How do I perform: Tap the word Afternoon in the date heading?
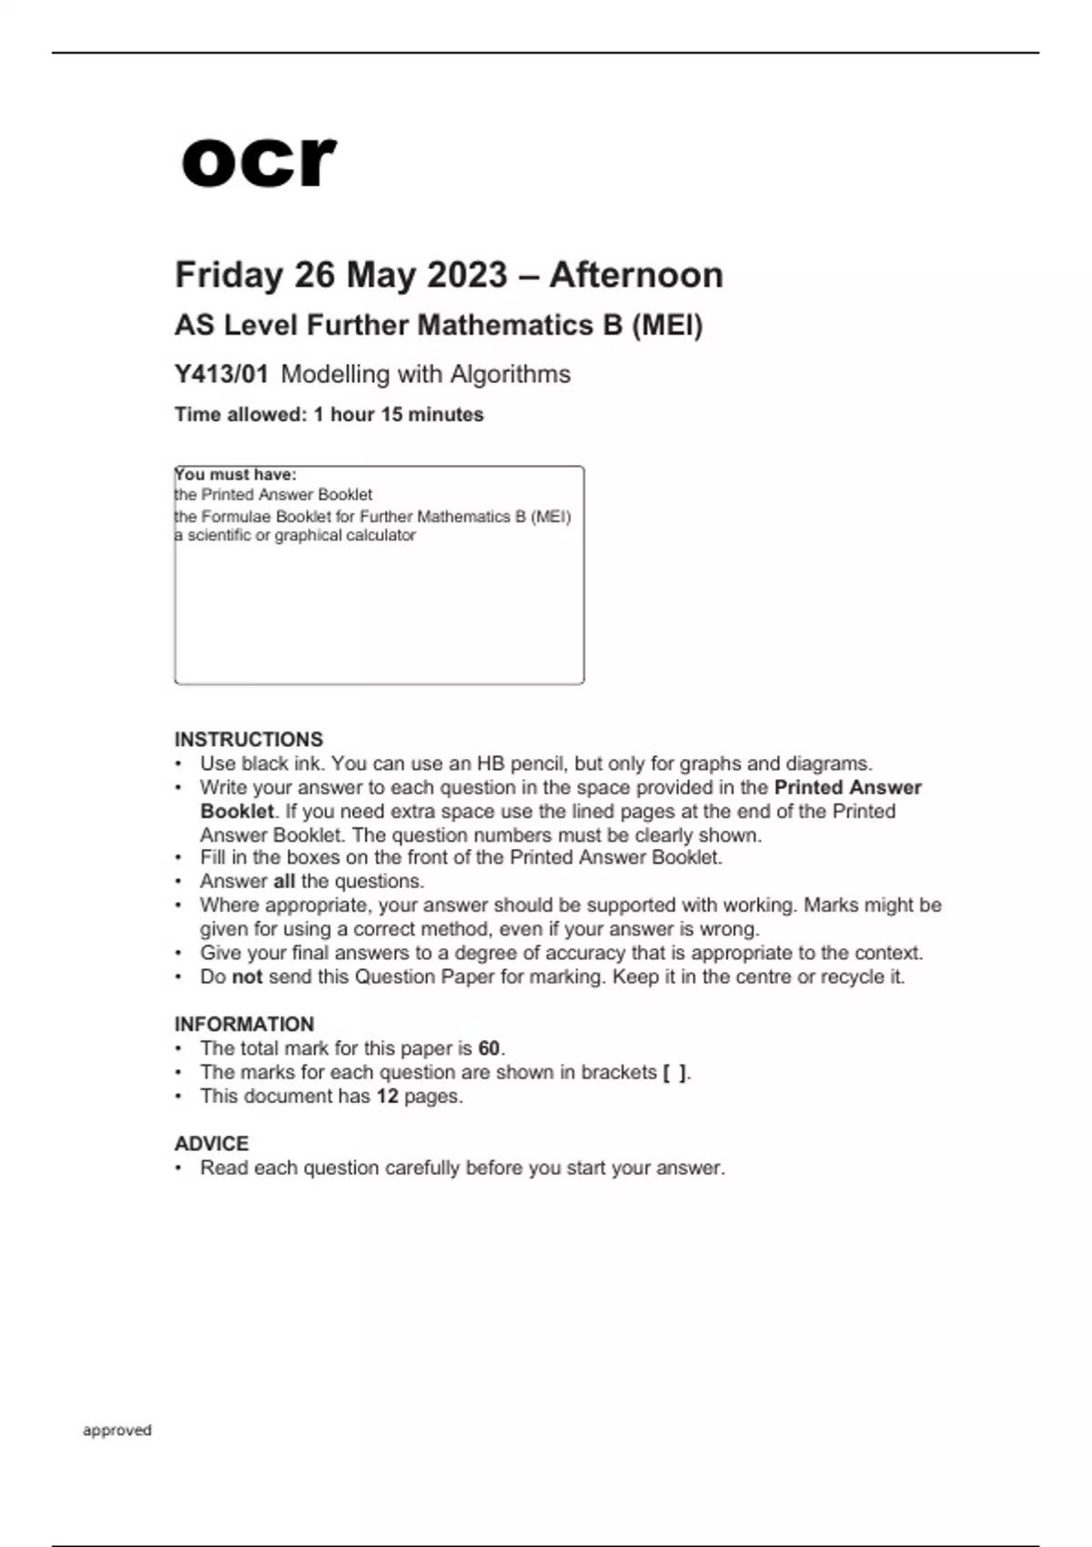636,275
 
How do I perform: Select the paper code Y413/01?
221,374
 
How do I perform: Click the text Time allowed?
240,414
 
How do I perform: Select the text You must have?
236,474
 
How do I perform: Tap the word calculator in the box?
379,535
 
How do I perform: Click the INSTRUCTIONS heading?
248,739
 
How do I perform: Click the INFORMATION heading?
244,1024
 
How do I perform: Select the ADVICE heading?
211,1143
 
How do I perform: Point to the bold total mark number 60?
489,1048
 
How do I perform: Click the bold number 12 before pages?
388,1096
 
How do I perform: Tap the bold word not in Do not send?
247,976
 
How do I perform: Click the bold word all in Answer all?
284,881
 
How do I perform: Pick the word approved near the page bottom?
117,1430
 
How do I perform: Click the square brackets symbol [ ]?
675,1072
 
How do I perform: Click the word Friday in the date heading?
228,275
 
